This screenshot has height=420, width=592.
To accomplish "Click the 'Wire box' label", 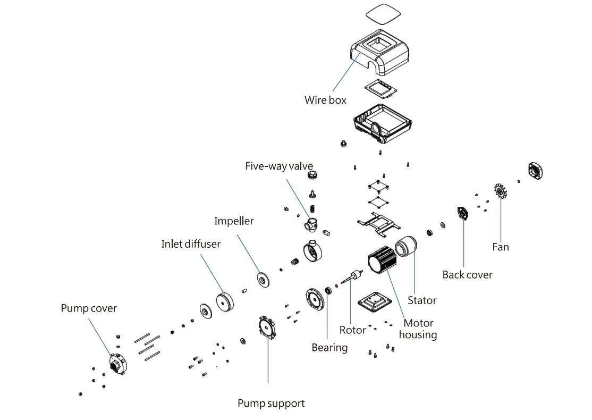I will point(325,100).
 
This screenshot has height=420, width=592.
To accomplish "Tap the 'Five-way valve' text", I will point(279,166).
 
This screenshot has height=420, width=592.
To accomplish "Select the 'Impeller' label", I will point(234,221).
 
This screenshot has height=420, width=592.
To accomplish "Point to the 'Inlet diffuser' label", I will point(191,244).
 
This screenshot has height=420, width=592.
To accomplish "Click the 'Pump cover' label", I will point(89,308).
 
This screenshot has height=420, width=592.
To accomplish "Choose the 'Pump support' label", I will point(271,404).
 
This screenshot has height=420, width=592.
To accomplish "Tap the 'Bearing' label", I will point(329,348).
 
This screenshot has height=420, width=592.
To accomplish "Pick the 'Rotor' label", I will point(353,330).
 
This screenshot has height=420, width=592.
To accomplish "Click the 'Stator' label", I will point(422,300).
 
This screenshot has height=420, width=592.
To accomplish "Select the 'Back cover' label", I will point(467,275).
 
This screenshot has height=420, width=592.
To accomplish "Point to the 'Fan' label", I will point(500,247).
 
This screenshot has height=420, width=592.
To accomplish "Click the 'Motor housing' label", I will point(418,329).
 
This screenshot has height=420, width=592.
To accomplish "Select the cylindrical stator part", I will point(407,247).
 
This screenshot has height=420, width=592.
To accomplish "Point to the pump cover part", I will point(117,363).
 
